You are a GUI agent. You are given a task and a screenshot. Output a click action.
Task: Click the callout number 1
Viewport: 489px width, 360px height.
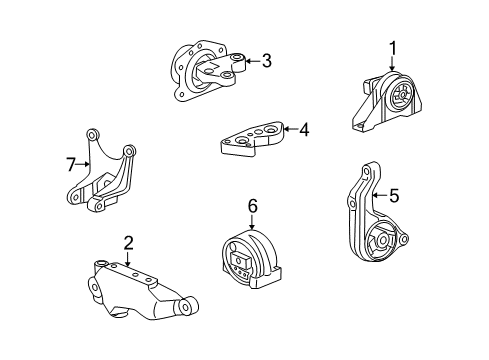click(x=393, y=46)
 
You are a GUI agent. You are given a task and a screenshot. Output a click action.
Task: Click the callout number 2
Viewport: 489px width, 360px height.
click(x=128, y=241)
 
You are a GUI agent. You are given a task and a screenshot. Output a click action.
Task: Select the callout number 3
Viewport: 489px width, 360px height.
click(x=266, y=62)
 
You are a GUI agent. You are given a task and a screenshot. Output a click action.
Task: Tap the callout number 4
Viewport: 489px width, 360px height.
click(x=304, y=127)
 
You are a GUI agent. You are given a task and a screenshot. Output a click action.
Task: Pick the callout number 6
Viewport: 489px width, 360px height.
click(x=252, y=205)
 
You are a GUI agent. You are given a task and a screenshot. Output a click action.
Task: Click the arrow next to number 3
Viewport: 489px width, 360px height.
click(x=250, y=62)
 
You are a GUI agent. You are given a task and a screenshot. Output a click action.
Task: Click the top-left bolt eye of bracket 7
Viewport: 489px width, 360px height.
click(x=92, y=133)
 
